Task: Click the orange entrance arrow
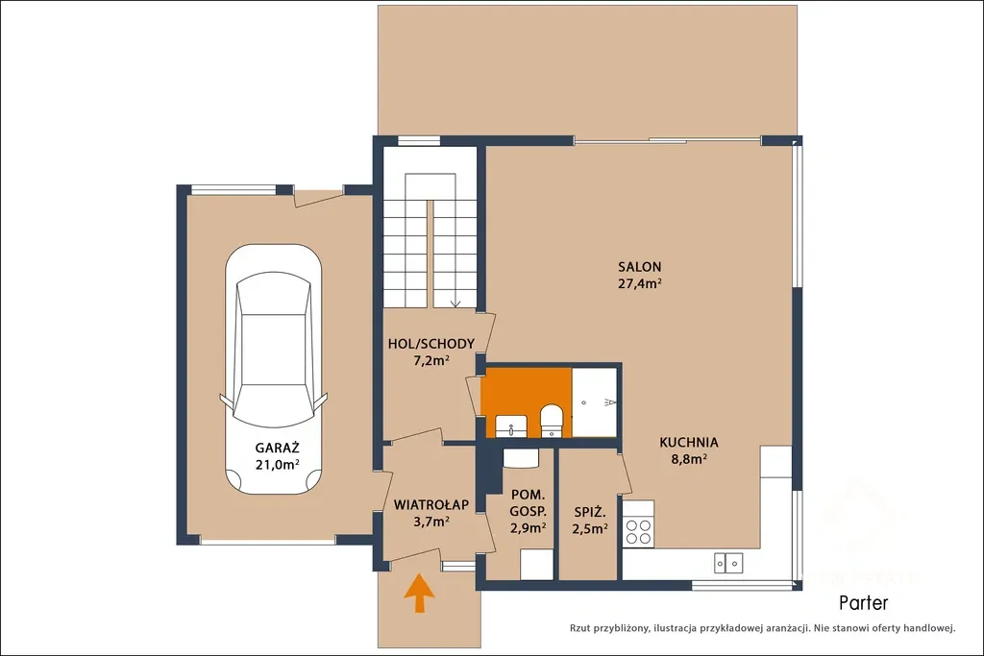tap(419, 592)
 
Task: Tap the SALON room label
tap(639, 267)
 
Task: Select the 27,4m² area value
tap(639, 282)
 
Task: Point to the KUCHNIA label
tap(688, 442)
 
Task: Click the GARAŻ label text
tap(277, 448)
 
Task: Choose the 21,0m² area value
tap(277, 465)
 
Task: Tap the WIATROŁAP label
tap(431, 504)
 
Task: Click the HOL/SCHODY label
tap(431, 344)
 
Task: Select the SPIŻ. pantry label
tap(590, 512)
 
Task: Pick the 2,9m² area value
tap(528, 528)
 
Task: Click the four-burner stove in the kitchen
tap(638, 531)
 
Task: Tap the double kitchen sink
tap(728, 563)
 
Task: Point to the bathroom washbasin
tap(511, 426)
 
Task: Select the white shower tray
tap(594, 402)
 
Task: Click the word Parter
tap(864, 603)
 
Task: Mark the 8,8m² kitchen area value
tap(689, 459)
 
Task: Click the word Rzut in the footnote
tap(580, 628)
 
